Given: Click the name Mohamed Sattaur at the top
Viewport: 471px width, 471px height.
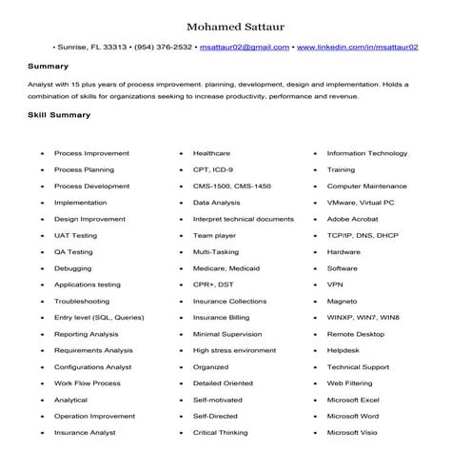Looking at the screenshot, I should (235, 25).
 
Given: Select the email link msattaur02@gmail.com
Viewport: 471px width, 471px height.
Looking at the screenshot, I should (245, 47).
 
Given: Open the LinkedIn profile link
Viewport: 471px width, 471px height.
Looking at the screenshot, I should (359, 47).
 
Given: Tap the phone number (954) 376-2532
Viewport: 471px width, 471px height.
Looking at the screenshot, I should (165, 47).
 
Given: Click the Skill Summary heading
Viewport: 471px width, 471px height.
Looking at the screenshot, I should (59, 115).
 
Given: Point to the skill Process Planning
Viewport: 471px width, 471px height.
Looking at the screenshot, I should (84, 169).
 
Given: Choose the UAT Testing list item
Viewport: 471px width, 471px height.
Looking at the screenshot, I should (75, 235).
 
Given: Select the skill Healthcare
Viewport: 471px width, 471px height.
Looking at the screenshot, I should (211, 153).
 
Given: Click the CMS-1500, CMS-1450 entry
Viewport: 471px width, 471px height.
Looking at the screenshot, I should (231, 186).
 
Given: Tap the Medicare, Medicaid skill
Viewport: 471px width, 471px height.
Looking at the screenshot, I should (226, 268).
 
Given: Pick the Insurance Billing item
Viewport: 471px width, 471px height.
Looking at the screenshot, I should (221, 318).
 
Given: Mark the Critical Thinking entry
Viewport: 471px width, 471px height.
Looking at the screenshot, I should (220, 433).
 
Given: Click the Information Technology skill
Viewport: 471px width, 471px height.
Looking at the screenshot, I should (366, 153).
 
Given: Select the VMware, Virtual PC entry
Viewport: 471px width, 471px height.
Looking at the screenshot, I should (360, 203).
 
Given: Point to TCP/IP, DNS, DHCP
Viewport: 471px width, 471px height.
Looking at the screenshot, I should (363, 235).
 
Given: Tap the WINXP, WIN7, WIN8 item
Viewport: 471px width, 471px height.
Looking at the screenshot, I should (363, 318).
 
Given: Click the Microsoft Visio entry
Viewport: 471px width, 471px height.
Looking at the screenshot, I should (352, 433).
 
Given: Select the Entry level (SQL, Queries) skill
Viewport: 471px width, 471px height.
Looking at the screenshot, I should (99, 318).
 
